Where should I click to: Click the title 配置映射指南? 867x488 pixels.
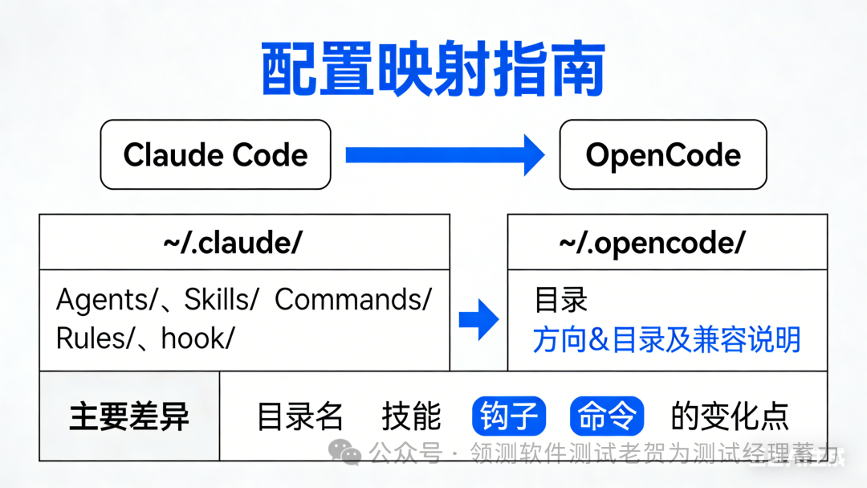click(433, 71)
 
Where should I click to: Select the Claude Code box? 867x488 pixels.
click(215, 154)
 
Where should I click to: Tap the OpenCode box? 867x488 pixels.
click(663, 154)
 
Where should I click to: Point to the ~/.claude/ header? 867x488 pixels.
click(244, 242)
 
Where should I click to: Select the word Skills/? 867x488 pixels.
click(222, 300)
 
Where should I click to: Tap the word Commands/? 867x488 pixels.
click(353, 300)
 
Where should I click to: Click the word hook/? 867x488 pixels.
click(197, 338)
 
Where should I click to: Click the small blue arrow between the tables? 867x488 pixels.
click(478, 320)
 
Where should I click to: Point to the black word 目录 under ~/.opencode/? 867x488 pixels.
click(561, 300)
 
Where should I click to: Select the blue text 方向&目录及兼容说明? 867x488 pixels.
click(667, 339)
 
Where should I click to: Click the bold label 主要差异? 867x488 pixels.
click(129, 416)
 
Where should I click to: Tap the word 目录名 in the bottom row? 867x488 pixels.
click(300, 416)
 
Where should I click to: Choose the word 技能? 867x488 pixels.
click(412, 416)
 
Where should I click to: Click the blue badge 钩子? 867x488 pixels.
click(509, 416)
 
